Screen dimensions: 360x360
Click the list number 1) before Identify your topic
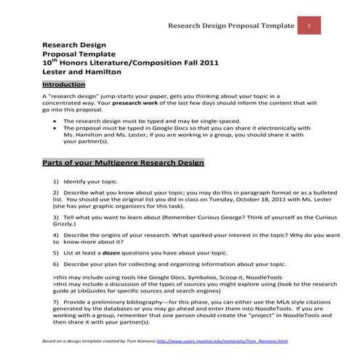click(x=56, y=180)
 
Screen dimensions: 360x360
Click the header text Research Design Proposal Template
click(x=231, y=27)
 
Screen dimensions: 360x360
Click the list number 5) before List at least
click(x=56, y=251)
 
